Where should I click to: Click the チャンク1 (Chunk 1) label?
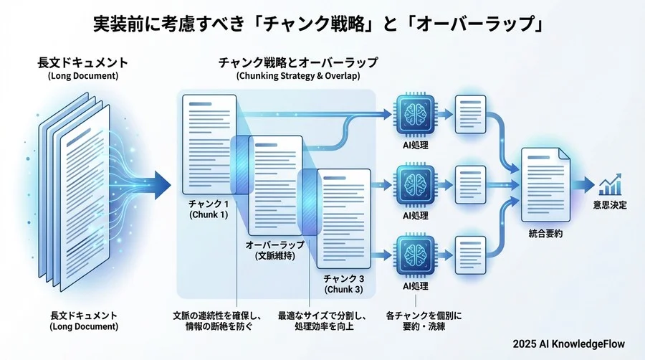click(x=208, y=209)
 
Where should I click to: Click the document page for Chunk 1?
click(x=208, y=143)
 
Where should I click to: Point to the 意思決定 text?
click(x=609, y=206)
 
